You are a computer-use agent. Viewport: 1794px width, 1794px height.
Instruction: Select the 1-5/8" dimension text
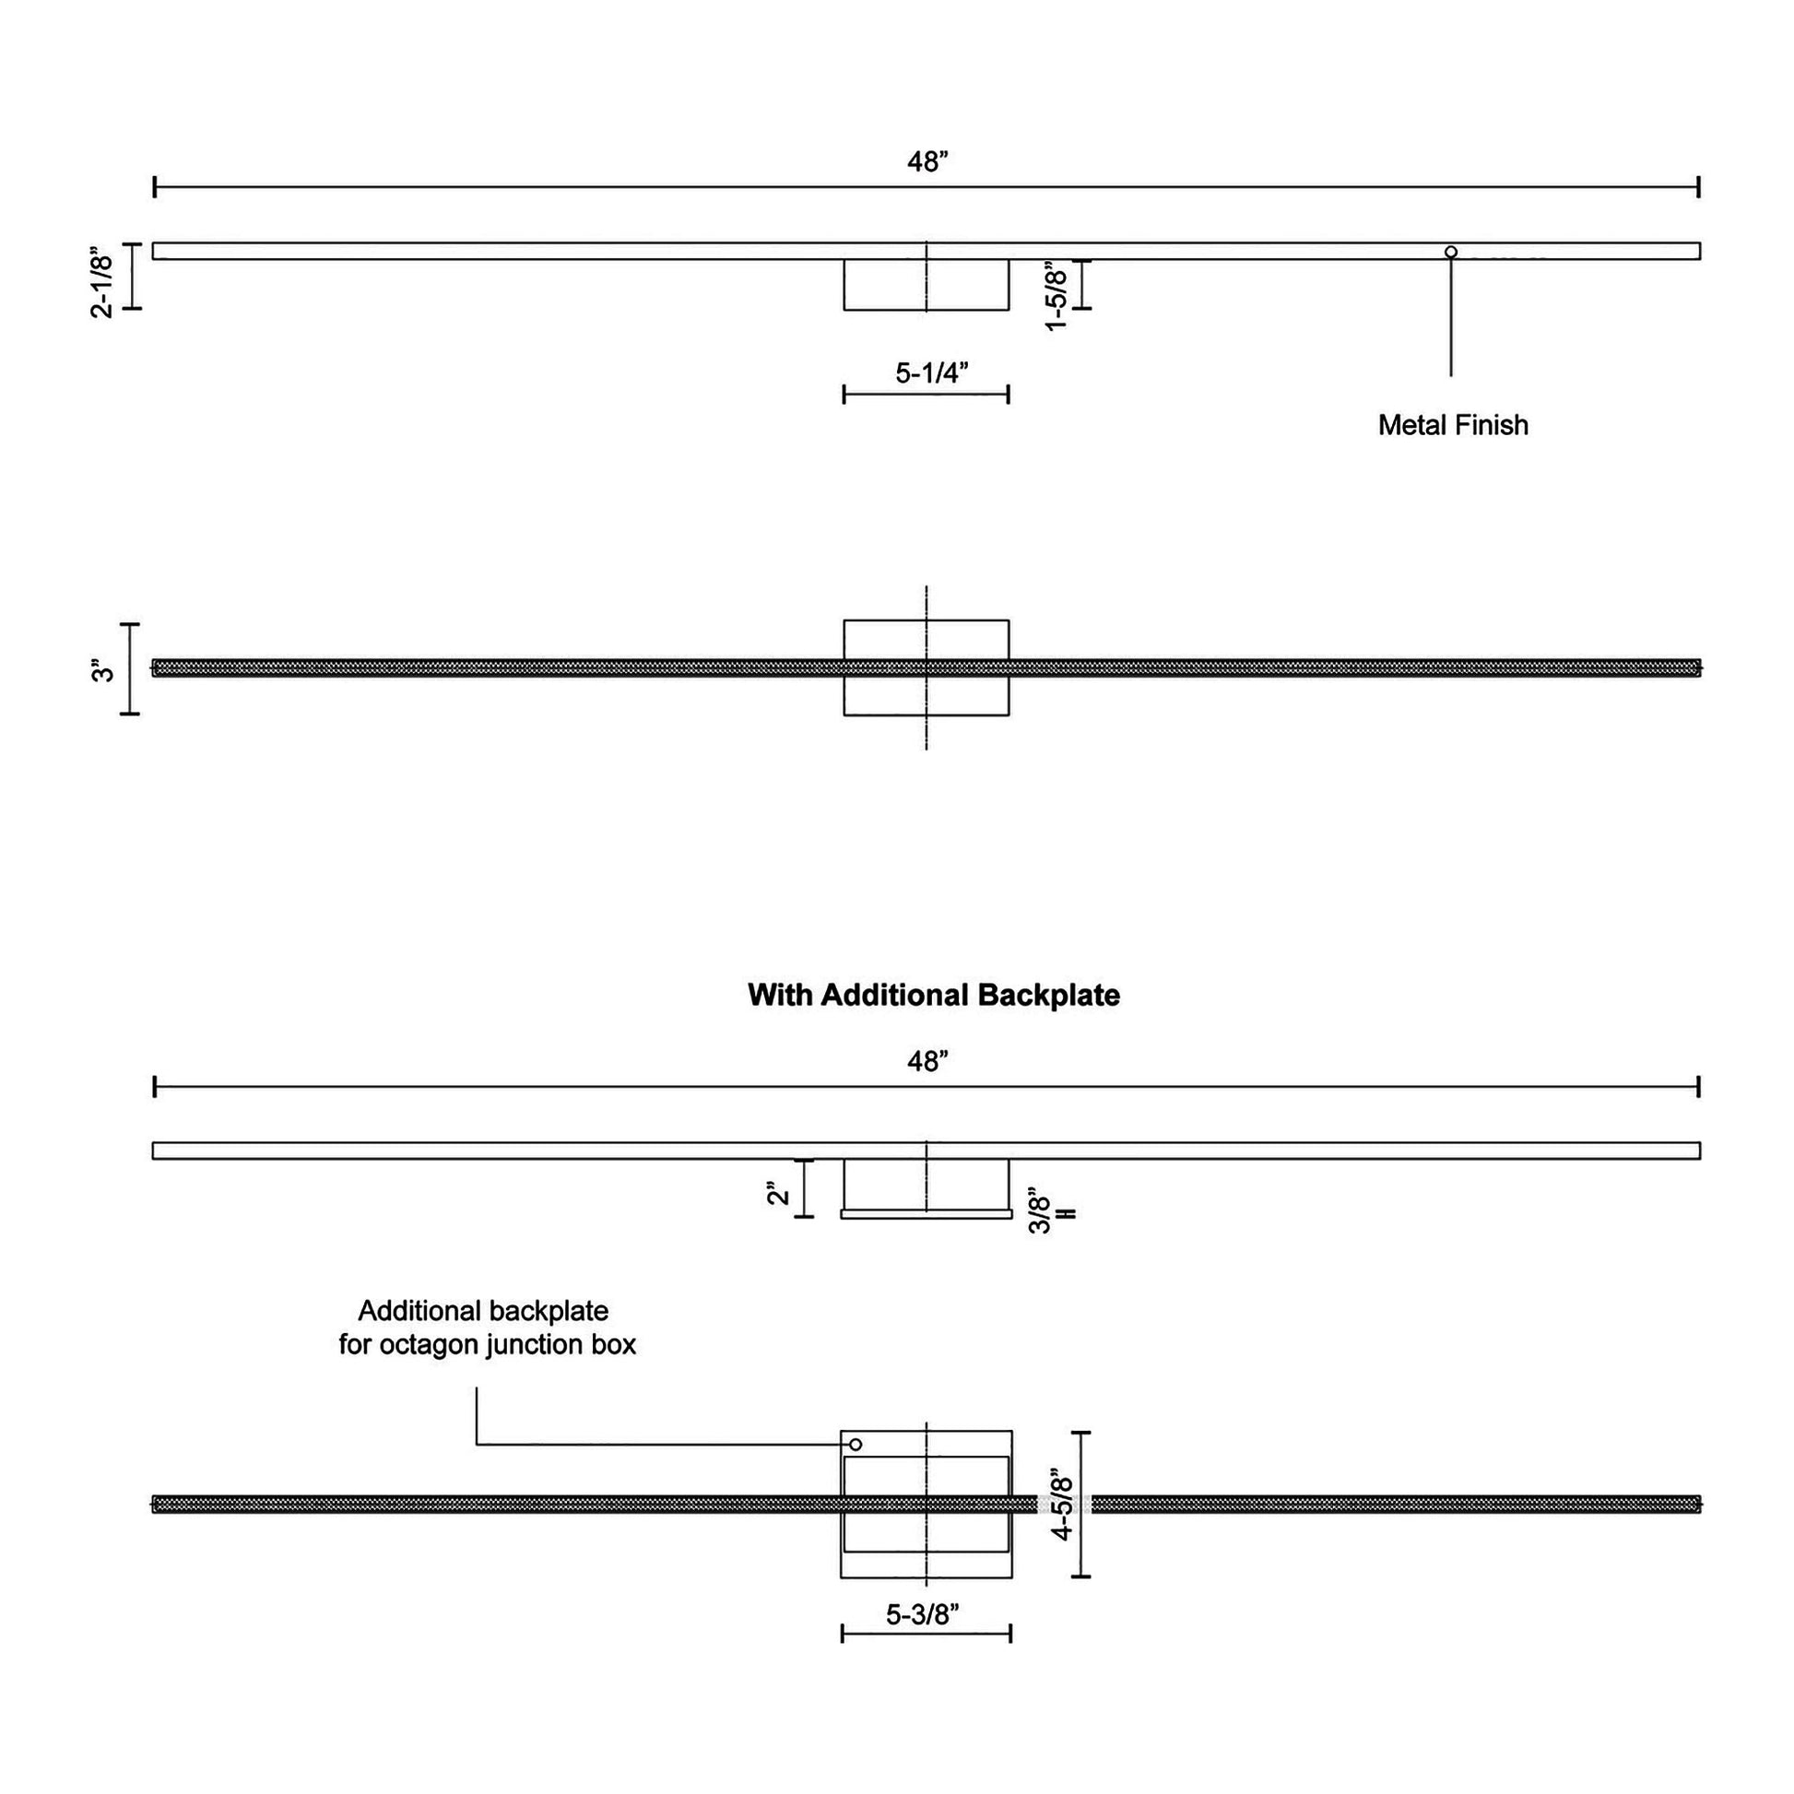pyautogui.click(x=1056, y=295)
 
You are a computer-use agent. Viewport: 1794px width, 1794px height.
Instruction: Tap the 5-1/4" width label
pyautogui.click(x=931, y=372)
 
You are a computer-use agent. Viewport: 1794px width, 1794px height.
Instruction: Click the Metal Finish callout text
pyautogui.click(x=1452, y=425)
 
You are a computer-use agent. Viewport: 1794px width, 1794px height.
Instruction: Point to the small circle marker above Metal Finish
pyautogui.click(x=1450, y=252)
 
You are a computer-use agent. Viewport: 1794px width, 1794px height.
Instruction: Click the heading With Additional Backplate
pyautogui.click(x=933, y=996)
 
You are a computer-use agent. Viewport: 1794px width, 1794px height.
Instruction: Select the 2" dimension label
pyautogui.click(x=778, y=1191)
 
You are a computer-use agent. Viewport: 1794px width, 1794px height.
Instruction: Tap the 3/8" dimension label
pyautogui.click(x=1041, y=1213)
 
